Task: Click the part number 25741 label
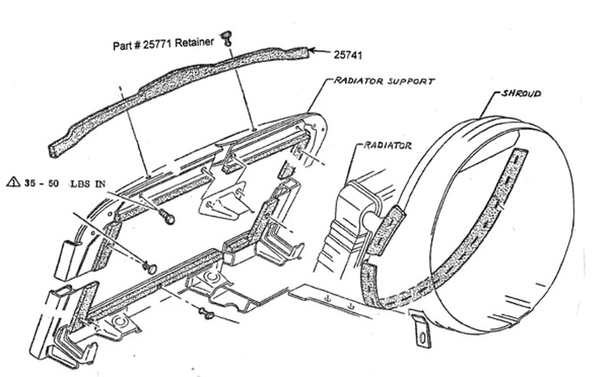pos(348,55)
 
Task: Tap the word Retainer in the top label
pos(197,42)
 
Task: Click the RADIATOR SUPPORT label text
pos(384,81)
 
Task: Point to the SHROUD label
pos(521,93)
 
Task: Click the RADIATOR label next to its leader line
pos(388,145)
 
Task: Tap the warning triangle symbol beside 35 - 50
pos(13,182)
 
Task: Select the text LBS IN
pos(88,184)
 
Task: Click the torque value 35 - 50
pos(41,183)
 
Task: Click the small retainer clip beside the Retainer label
pos(226,38)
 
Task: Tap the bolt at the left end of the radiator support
pos(150,268)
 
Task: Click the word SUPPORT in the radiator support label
pos(411,81)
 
